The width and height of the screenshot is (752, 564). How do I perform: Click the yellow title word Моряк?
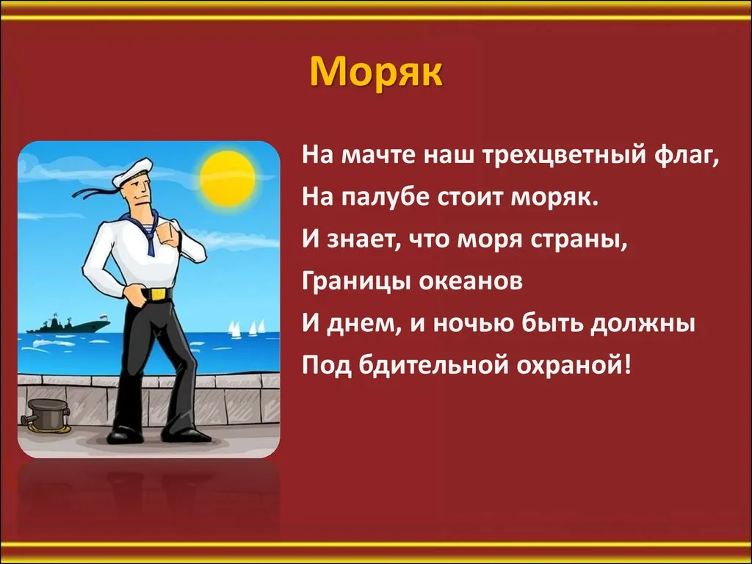pos(375,73)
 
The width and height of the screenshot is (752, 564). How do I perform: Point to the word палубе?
pos(386,197)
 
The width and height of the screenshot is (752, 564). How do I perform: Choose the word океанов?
pos(471,282)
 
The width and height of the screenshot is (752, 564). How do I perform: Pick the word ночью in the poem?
pos(474,324)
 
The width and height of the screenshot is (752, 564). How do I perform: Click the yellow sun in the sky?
pos(228,178)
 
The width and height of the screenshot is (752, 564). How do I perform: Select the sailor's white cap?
pos(133,172)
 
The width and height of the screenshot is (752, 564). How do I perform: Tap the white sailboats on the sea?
pos(246,328)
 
